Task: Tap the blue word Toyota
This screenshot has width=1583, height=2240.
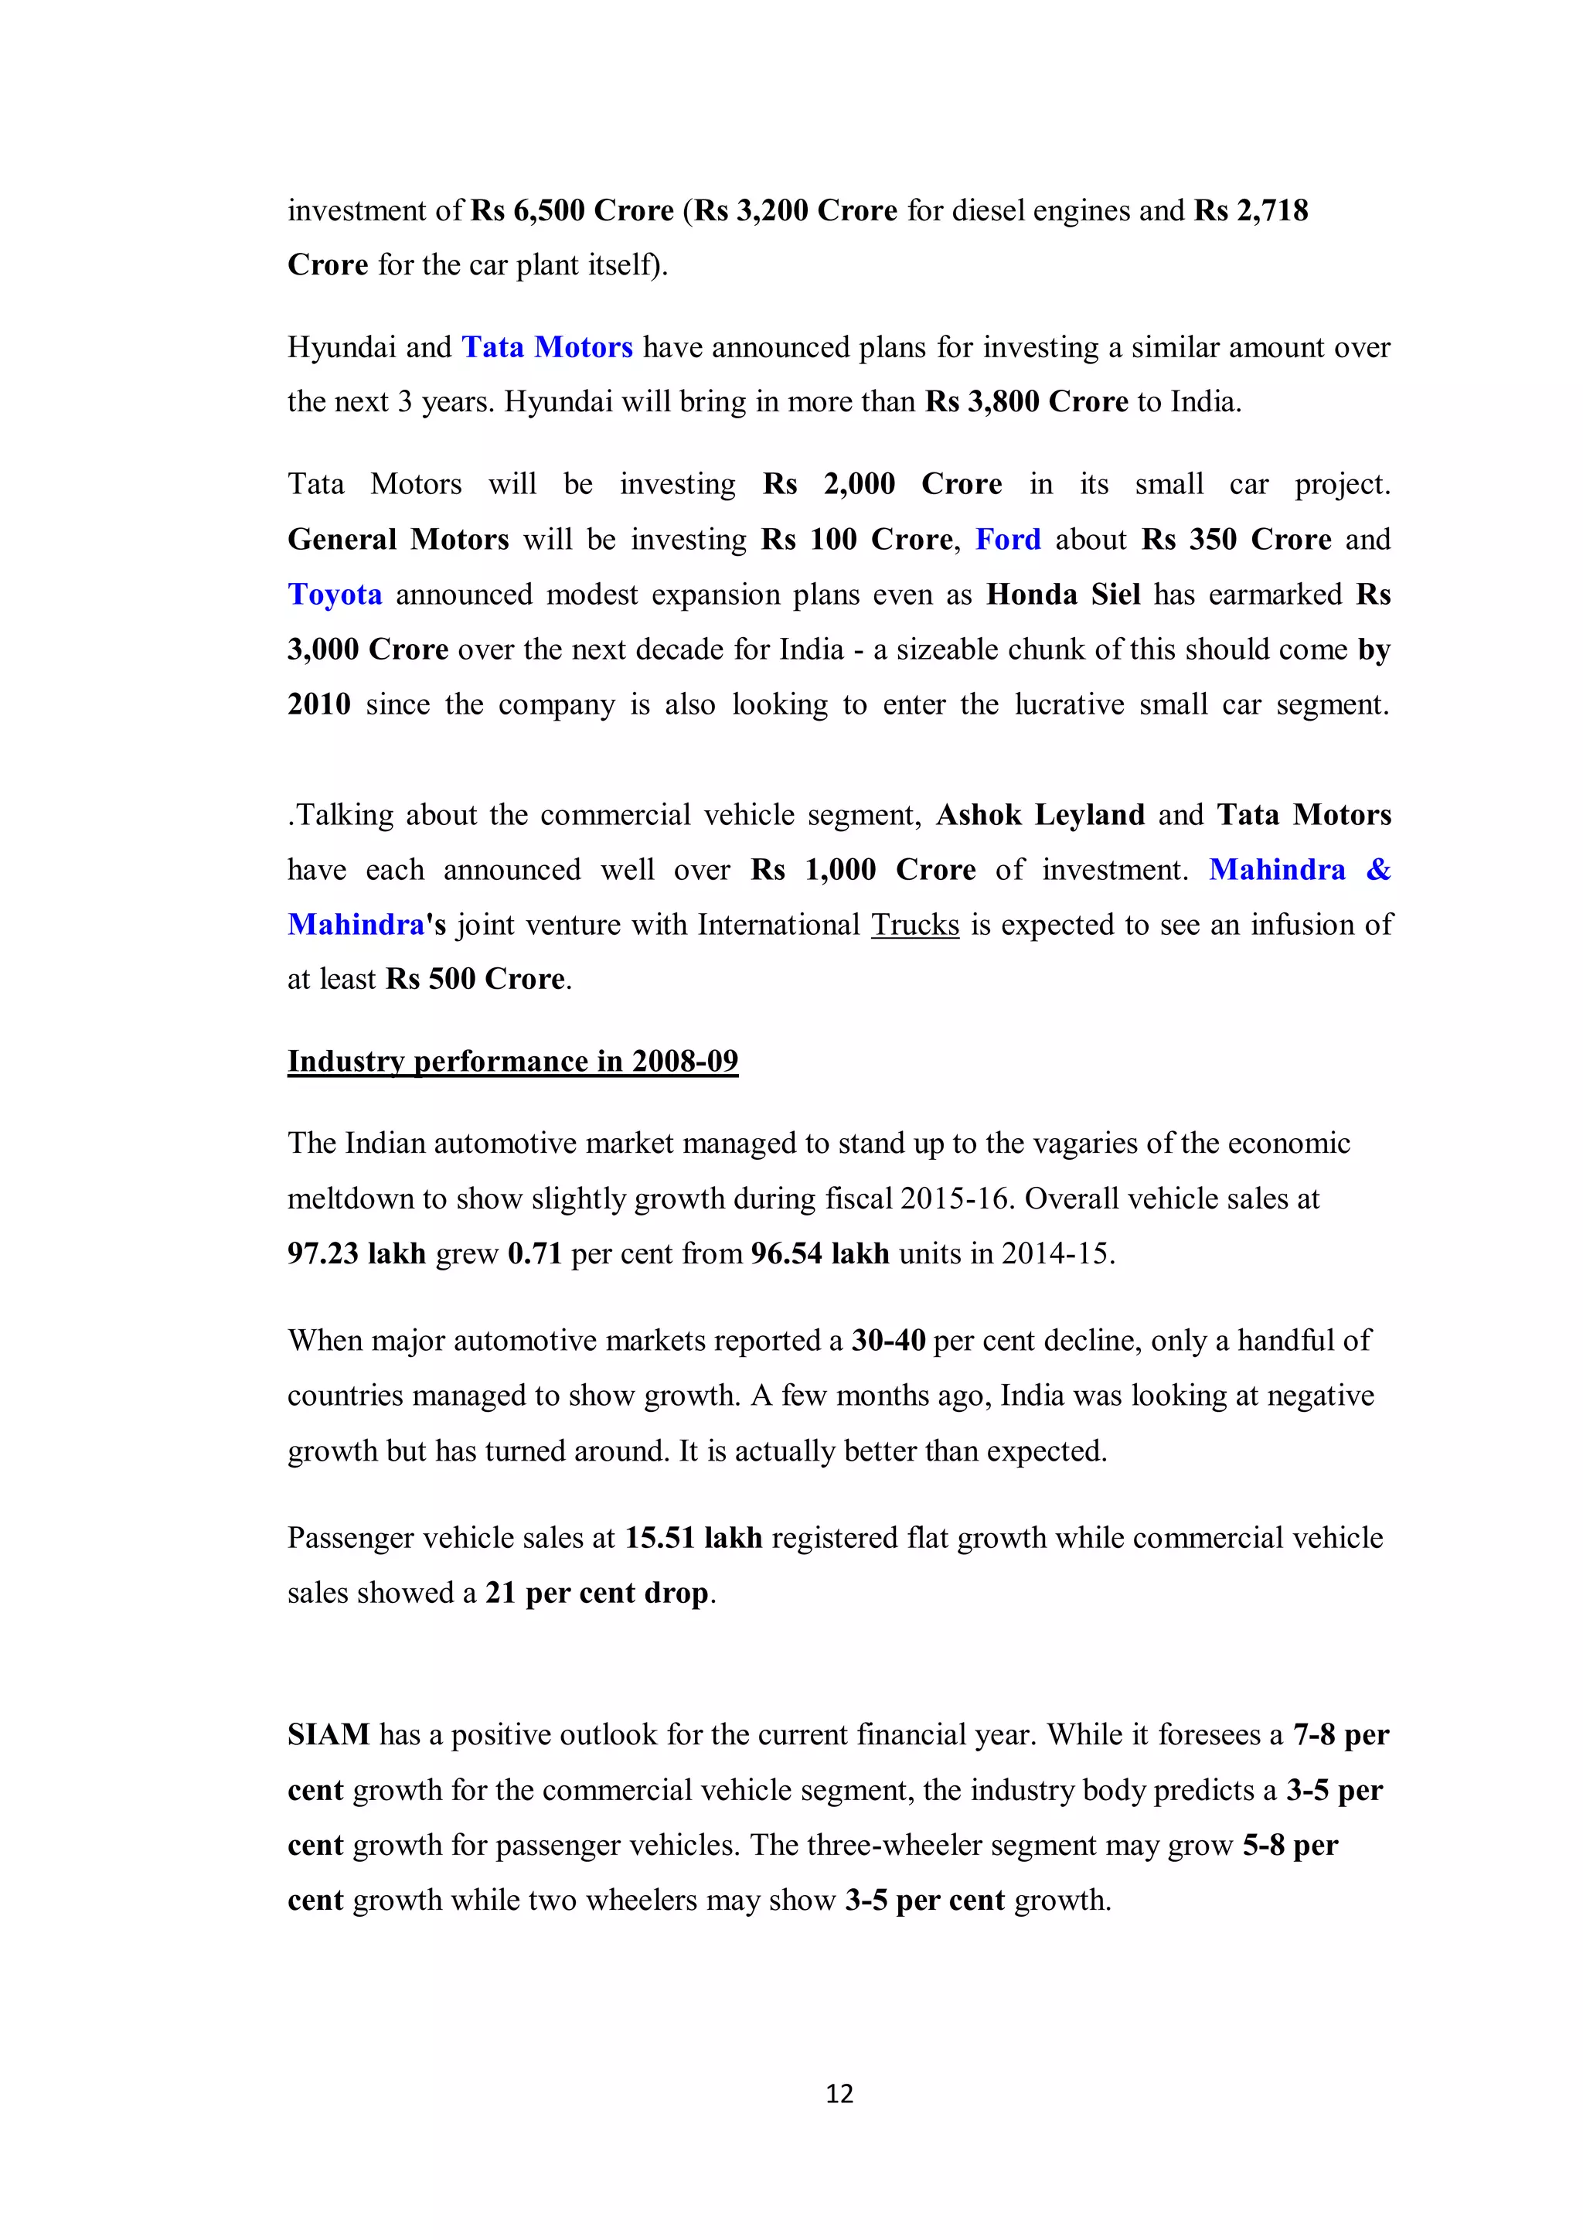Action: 335,594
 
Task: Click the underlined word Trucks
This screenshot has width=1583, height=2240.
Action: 915,924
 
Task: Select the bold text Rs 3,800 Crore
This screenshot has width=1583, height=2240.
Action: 1026,401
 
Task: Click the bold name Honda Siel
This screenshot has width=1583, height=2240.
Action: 1063,594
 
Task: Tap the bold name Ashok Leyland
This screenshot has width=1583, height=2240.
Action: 1040,815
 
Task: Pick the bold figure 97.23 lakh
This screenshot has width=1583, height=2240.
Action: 356,1253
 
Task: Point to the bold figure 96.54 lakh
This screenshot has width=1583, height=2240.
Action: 819,1253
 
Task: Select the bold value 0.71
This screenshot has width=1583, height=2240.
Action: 534,1253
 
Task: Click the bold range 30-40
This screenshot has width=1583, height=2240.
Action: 887,1341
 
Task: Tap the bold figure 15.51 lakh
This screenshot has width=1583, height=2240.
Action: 693,1538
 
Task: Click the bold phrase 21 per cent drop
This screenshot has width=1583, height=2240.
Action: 597,1592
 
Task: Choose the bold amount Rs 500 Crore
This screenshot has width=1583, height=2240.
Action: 475,979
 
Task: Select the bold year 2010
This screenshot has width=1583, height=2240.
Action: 319,704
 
